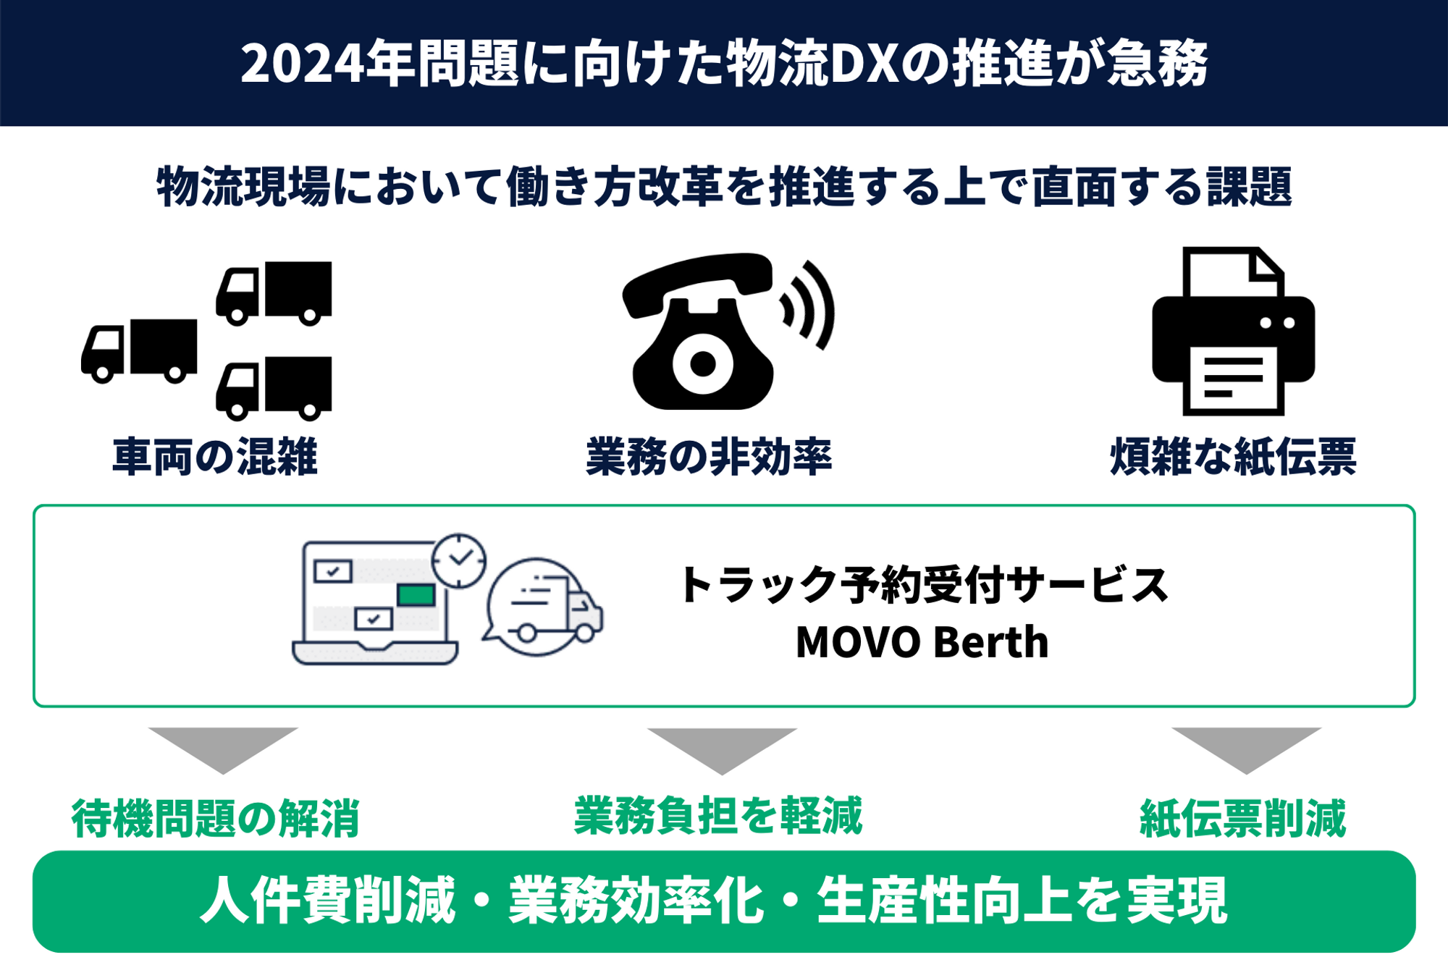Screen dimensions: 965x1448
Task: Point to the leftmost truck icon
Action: pos(139,350)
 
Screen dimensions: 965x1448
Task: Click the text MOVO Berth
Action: pos(922,643)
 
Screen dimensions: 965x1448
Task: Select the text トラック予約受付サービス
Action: pos(923,585)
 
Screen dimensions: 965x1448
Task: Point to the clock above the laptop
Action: pos(459,560)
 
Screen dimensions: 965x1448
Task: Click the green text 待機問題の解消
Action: pos(215,819)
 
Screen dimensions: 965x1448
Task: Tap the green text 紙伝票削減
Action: pos(1242,819)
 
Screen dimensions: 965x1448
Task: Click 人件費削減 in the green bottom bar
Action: pos(327,901)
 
